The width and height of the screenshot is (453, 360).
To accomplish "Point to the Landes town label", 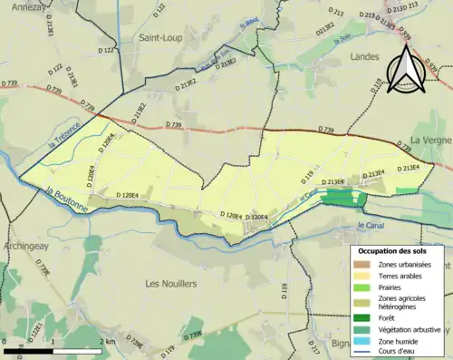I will click(364, 56).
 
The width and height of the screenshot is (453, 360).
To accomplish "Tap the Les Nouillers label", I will click(171, 284).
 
